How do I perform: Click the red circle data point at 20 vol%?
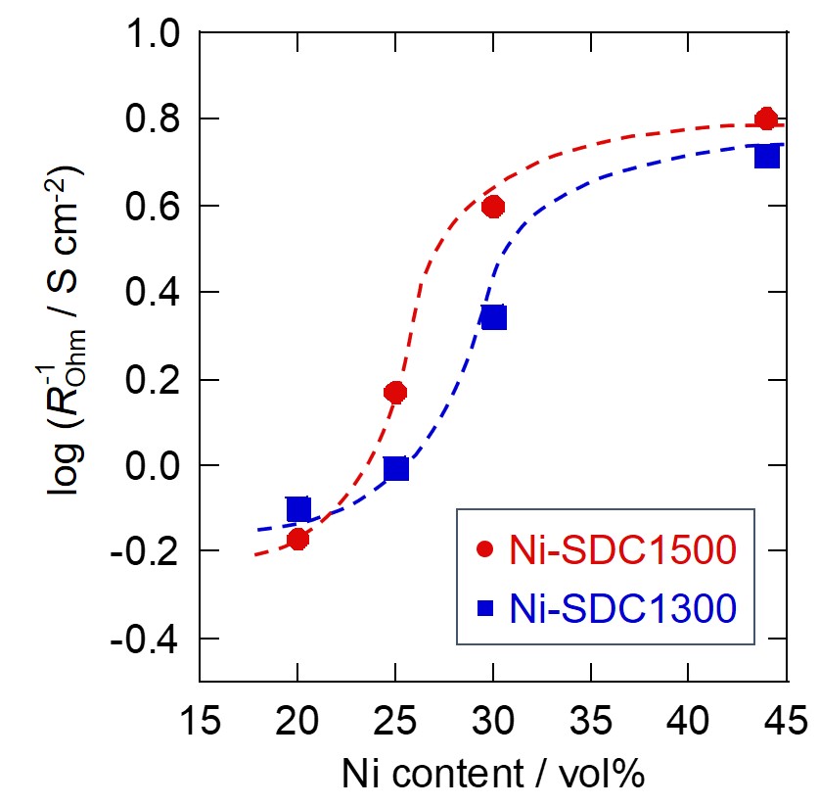[298, 539]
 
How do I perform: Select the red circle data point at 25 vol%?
[395, 393]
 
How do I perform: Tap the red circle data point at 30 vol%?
[493, 207]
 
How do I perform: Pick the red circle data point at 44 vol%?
[766, 119]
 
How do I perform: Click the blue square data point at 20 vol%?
[298, 509]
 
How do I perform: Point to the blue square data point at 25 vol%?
[395, 469]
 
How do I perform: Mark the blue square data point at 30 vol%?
[493, 317]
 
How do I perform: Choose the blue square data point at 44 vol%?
[766, 156]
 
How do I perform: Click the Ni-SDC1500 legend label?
[621, 551]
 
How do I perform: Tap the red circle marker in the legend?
[483, 551]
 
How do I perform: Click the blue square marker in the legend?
[483, 609]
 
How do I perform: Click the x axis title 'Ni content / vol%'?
[494, 775]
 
